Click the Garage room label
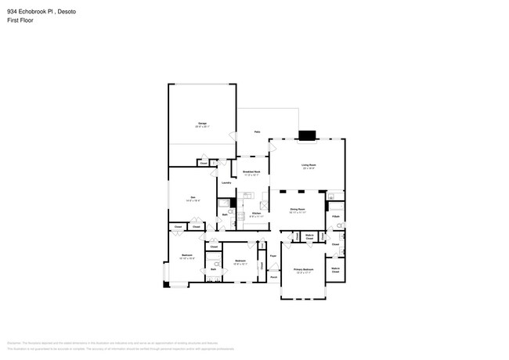pos(202,124)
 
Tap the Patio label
pos(257,132)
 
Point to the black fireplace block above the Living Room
pos(307,135)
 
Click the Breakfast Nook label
pos(251,172)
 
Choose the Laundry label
pos(226,183)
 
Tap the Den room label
pos(193,198)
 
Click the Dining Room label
pos(297,210)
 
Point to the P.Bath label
pos(335,216)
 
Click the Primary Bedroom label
pos(303,270)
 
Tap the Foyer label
pos(273,256)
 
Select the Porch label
pos(273,276)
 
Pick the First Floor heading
pos(20,20)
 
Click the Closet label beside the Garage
pos(203,163)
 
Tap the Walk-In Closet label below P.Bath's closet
pos(335,270)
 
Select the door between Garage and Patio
pos(233,136)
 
